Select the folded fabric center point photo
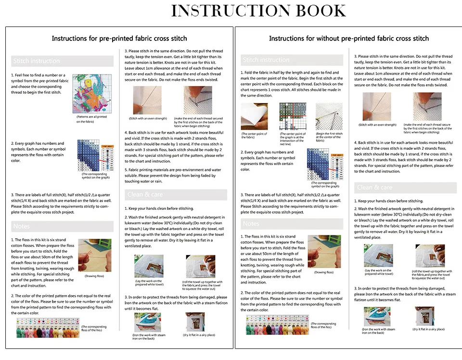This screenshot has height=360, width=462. pyautogui.click(x=254, y=116)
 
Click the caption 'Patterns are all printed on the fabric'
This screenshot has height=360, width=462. pyautogui.click(x=91, y=119)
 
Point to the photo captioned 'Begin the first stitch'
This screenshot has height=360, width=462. pyautogui.click(x=329, y=116)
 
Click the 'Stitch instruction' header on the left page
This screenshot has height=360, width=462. pyautogui.click(x=37, y=61)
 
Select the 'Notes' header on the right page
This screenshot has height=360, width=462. pyautogui.click(x=251, y=224)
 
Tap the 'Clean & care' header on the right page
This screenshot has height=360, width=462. pyautogui.click(x=374, y=187)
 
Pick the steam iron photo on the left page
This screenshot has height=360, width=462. pyautogui.click(x=148, y=321)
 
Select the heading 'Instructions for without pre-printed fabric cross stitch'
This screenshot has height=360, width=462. pyautogui.click(x=348, y=39)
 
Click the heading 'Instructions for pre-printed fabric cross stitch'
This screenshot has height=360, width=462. pyautogui.click(x=119, y=39)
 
